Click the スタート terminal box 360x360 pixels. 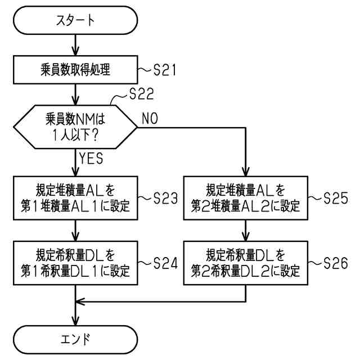tap(75, 21)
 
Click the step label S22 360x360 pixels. tap(137, 97)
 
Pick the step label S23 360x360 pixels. tap(165, 199)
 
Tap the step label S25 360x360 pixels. tap(336, 199)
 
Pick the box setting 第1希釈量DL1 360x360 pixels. tap(75, 262)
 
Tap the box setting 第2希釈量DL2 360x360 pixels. tap(245, 262)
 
